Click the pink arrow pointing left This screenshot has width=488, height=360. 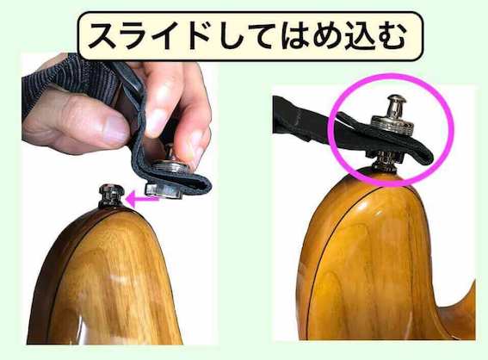(142, 199)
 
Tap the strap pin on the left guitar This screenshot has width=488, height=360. (111, 196)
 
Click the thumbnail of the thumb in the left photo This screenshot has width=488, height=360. (114, 132)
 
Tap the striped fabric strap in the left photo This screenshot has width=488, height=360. (67, 79)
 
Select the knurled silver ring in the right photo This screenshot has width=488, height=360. (392, 124)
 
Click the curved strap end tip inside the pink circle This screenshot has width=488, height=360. (429, 158)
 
